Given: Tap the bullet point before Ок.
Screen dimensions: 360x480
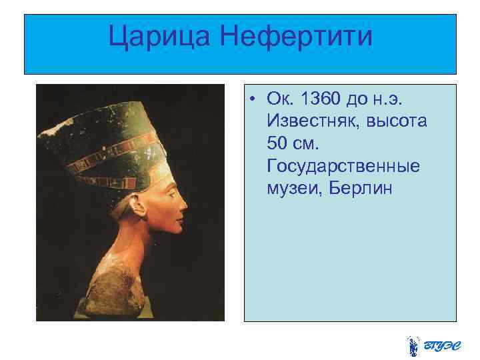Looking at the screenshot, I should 255,100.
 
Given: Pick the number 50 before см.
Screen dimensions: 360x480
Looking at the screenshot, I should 279,143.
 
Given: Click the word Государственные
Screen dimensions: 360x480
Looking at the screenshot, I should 343,165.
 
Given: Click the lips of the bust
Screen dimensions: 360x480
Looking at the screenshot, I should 181,211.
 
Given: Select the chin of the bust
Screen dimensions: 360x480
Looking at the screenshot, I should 177,225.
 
